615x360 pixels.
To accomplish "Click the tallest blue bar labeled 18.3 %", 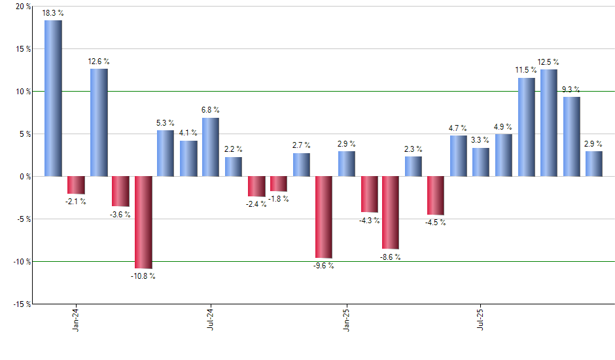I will (x=53, y=98).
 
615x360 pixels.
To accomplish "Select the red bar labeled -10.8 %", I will (x=143, y=222).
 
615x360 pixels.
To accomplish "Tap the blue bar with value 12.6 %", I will (x=98, y=122).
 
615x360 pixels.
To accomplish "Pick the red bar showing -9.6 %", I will (x=324, y=217).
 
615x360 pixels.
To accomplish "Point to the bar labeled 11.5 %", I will (x=526, y=127).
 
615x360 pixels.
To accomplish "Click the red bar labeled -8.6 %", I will (x=391, y=213).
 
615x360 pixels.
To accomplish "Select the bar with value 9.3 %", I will (x=571, y=136).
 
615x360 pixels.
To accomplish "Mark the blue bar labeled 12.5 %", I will (x=549, y=122).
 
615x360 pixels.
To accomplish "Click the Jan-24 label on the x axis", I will (x=76, y=319).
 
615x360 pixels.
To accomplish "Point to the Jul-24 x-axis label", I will (x=211, y=319).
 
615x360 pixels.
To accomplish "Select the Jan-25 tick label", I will (x=346, y=319).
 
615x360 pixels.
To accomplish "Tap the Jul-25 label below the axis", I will (x=481, y=319).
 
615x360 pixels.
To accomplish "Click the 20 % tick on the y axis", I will (x=22, y=7).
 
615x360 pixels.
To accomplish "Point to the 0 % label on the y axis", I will (x=24, y=176).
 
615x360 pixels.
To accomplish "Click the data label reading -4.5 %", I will (x=436, y=223).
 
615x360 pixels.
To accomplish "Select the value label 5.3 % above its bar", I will (x=166, y=122).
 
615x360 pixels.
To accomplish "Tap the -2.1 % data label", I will (x=76, y=202).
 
